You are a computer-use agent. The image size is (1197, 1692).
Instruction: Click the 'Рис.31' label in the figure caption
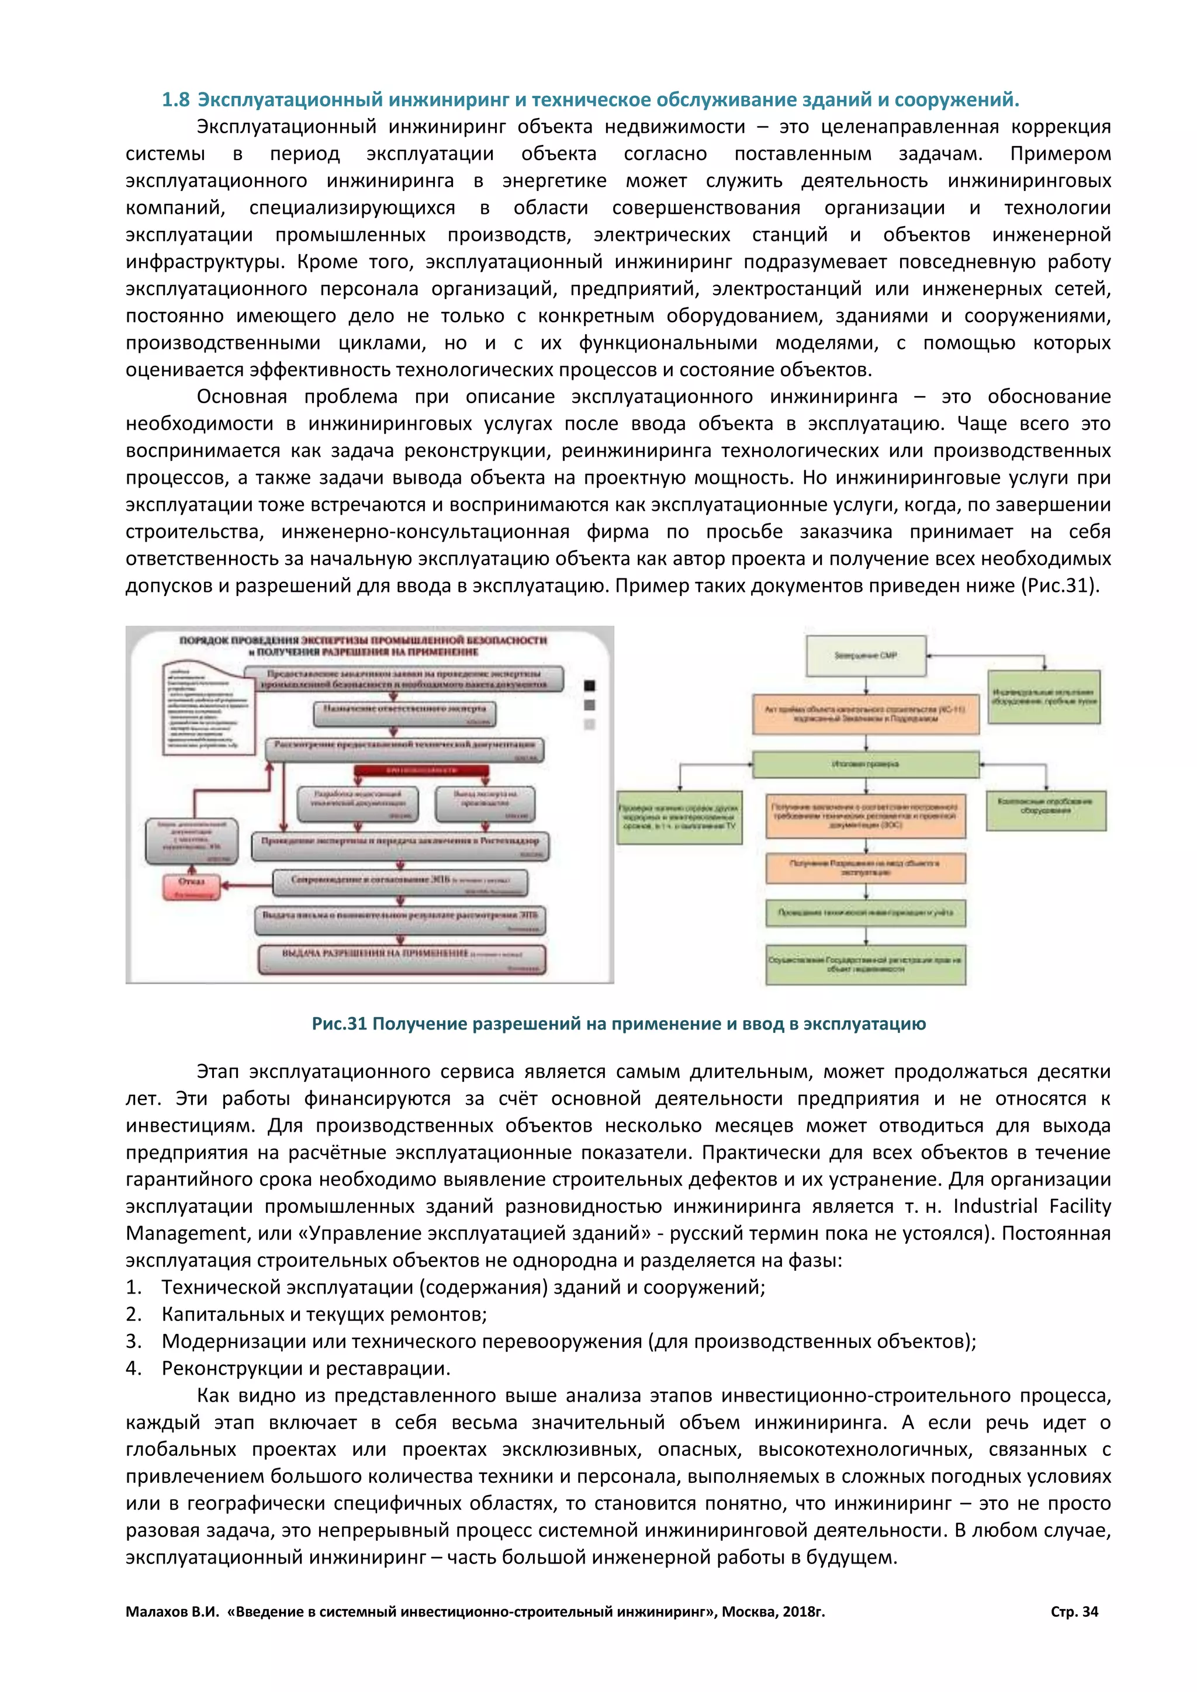pyautogui.click(x=339, y=1024)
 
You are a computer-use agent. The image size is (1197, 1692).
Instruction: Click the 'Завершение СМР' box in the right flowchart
pyautogui.click(x=866, y=655)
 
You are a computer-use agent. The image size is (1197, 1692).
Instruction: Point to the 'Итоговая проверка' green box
pyautogui.click(x=866, y=764)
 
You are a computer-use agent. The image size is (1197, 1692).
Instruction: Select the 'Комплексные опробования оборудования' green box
pyautogui.click(x=1046, y=809)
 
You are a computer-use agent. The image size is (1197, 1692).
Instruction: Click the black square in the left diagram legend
pyautogui.click(x=589, y=685)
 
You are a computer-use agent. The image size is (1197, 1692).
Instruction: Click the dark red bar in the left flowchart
pyautogui.click(x=421, y=770)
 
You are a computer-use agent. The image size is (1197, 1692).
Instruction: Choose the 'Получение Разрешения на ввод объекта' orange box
pyautogui.click(x=866, y=868)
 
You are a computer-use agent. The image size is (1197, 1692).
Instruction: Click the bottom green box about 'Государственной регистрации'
pyautogui.click(x=866, y=964)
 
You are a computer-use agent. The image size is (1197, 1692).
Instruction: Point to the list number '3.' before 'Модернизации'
pyautogui.click(x=133, y=1341)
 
